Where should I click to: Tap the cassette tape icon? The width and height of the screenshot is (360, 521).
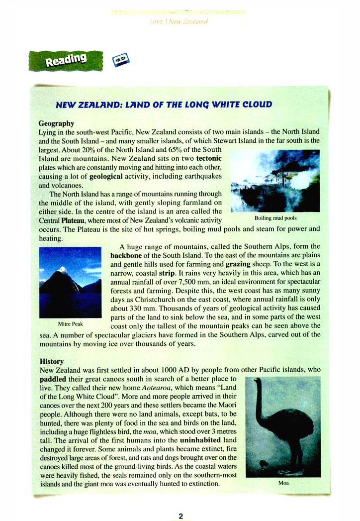coord(119,61)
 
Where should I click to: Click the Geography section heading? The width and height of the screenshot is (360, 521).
coord(56,123)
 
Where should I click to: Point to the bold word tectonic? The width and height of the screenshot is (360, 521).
coord(209,158)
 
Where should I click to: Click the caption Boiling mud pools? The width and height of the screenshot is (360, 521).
coord(275,218)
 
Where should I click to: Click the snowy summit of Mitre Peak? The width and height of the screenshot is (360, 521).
coord(63,269)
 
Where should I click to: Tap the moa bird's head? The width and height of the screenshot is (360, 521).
coord(257,383)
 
